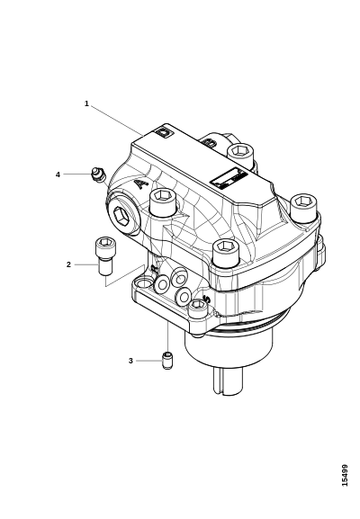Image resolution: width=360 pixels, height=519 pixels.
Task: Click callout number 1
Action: click(86, 103)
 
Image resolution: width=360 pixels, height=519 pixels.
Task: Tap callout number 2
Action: click(68, 264)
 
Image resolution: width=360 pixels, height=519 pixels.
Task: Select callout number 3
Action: click(130, 361)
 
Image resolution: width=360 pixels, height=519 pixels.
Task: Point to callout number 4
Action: click(58, 174)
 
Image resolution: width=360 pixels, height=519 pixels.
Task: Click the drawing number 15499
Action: click(345, 476)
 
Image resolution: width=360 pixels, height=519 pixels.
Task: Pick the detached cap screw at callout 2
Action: click(104, 255)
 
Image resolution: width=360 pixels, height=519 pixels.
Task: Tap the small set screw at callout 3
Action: click(168, 361)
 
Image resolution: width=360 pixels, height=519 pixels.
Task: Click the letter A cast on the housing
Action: click(141, 183)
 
